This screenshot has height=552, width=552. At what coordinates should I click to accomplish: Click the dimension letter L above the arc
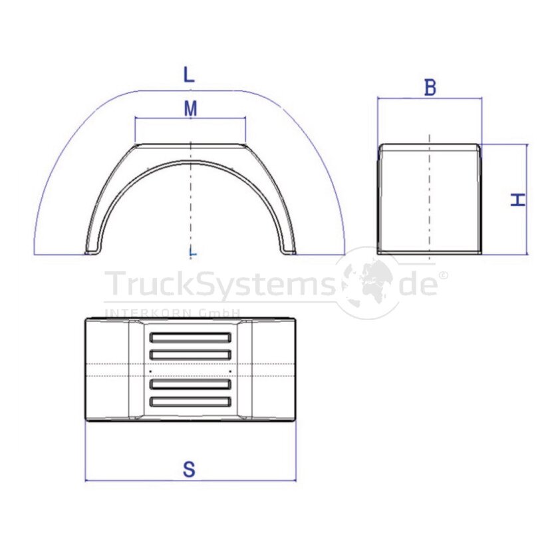(x=189, y=74)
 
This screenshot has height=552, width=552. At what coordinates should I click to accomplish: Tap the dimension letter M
(x=190, y=108)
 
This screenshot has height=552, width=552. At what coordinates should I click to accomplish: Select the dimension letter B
(x=430, y=87)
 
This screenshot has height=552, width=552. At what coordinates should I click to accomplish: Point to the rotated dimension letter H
(x=518, y=200)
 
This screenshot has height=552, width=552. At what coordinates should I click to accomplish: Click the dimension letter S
(x=189, y=470)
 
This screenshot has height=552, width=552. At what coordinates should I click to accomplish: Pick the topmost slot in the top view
(x=190, y=338)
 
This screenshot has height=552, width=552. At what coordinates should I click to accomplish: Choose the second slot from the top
(x=190, y=354)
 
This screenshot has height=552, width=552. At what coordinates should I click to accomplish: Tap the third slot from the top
(x=190, y=384)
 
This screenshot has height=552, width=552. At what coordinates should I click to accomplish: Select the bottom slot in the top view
(x=190, y=402)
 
